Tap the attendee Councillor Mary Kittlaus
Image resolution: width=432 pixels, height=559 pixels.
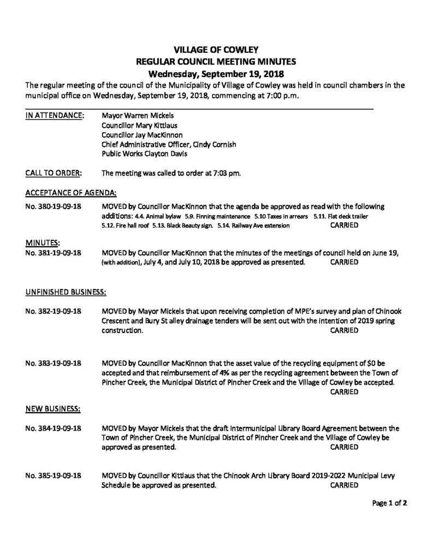(x=140, y=126)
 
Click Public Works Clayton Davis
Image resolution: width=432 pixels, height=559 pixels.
(x=141, y=155)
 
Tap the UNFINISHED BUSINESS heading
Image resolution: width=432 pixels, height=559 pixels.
(x=66, y=292)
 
